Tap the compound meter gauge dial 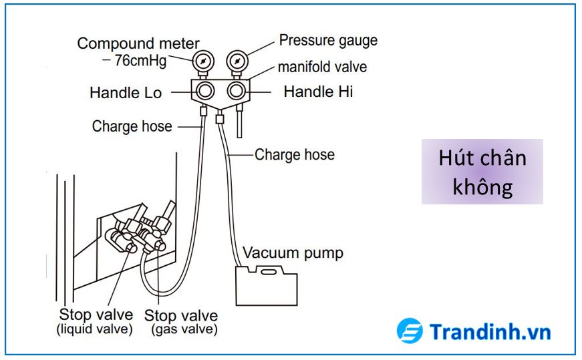[x=202, y=61]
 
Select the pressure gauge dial [x=235, y=61]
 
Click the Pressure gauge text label [x=328, y=40]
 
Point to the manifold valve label [x=322, y=67]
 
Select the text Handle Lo [x=126, y=93]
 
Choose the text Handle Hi [x=318, y=92]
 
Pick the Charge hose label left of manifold [x=132, y=126]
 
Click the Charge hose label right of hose [x=294, y=155]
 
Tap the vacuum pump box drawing [x=266, y=283]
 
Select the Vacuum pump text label [x=293, y=253]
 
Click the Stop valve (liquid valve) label [x=95, y=321]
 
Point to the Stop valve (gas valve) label [x=180, y=321]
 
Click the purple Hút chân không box [x=482, y=172]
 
